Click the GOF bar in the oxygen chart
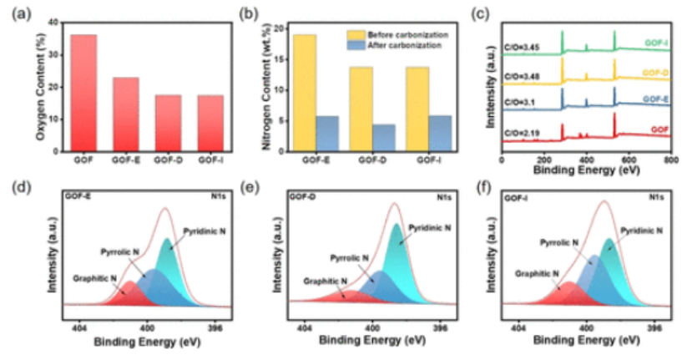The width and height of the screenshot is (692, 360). pos(83,92)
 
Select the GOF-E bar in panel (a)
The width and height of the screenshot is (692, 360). pos(125,114)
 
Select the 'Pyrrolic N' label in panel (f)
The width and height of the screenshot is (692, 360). pos(554,241)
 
